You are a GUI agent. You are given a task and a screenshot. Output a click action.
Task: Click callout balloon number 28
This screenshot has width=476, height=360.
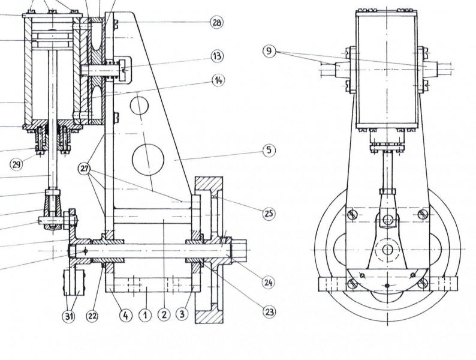pos(216,22)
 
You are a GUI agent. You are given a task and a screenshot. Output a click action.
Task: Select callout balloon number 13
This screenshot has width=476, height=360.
pos(217,56)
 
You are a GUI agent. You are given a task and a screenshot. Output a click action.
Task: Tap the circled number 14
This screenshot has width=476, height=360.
pos(218,80)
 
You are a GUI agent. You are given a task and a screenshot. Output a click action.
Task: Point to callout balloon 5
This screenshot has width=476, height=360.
pos(269,151)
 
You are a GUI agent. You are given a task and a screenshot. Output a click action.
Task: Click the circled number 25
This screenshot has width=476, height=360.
pos(269,213)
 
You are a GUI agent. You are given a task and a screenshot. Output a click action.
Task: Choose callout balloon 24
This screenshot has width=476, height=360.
pos(268,283)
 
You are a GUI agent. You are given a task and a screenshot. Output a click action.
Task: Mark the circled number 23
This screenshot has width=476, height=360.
pos(269,311)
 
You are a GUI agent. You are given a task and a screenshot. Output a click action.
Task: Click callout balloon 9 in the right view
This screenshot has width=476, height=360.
pos(269,51)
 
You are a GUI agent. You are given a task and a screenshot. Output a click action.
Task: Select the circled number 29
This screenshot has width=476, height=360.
pos(16,164)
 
